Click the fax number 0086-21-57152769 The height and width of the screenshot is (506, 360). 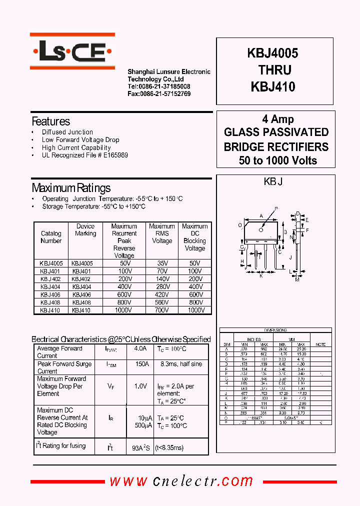click(x=158, y=93)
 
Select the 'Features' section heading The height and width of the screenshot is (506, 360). click(x=50, y=121)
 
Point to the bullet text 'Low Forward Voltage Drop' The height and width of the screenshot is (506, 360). click(x=80, y=140)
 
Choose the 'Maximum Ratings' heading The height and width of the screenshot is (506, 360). click(x=71, y=188)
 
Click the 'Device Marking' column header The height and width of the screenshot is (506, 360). click(x=85, y=230)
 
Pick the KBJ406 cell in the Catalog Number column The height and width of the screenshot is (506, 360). click(x=51, y=295)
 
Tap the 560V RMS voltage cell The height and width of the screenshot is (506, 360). click(x=162, y=302)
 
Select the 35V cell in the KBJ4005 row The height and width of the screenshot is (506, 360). click(x=162, y=263)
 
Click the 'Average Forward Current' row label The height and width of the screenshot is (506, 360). click(x=59, y=352)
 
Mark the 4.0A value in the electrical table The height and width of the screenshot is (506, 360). click(x=140, y=348)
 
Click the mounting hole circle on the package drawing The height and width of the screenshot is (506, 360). click(x=260, y=230)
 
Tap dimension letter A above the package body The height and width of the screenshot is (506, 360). click(x=261, y=216)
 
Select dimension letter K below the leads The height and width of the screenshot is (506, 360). click(x=260, y=275)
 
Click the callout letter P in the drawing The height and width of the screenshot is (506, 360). click(x=275, y=208)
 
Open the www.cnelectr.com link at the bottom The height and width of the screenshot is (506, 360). click(x=181, y=481)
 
